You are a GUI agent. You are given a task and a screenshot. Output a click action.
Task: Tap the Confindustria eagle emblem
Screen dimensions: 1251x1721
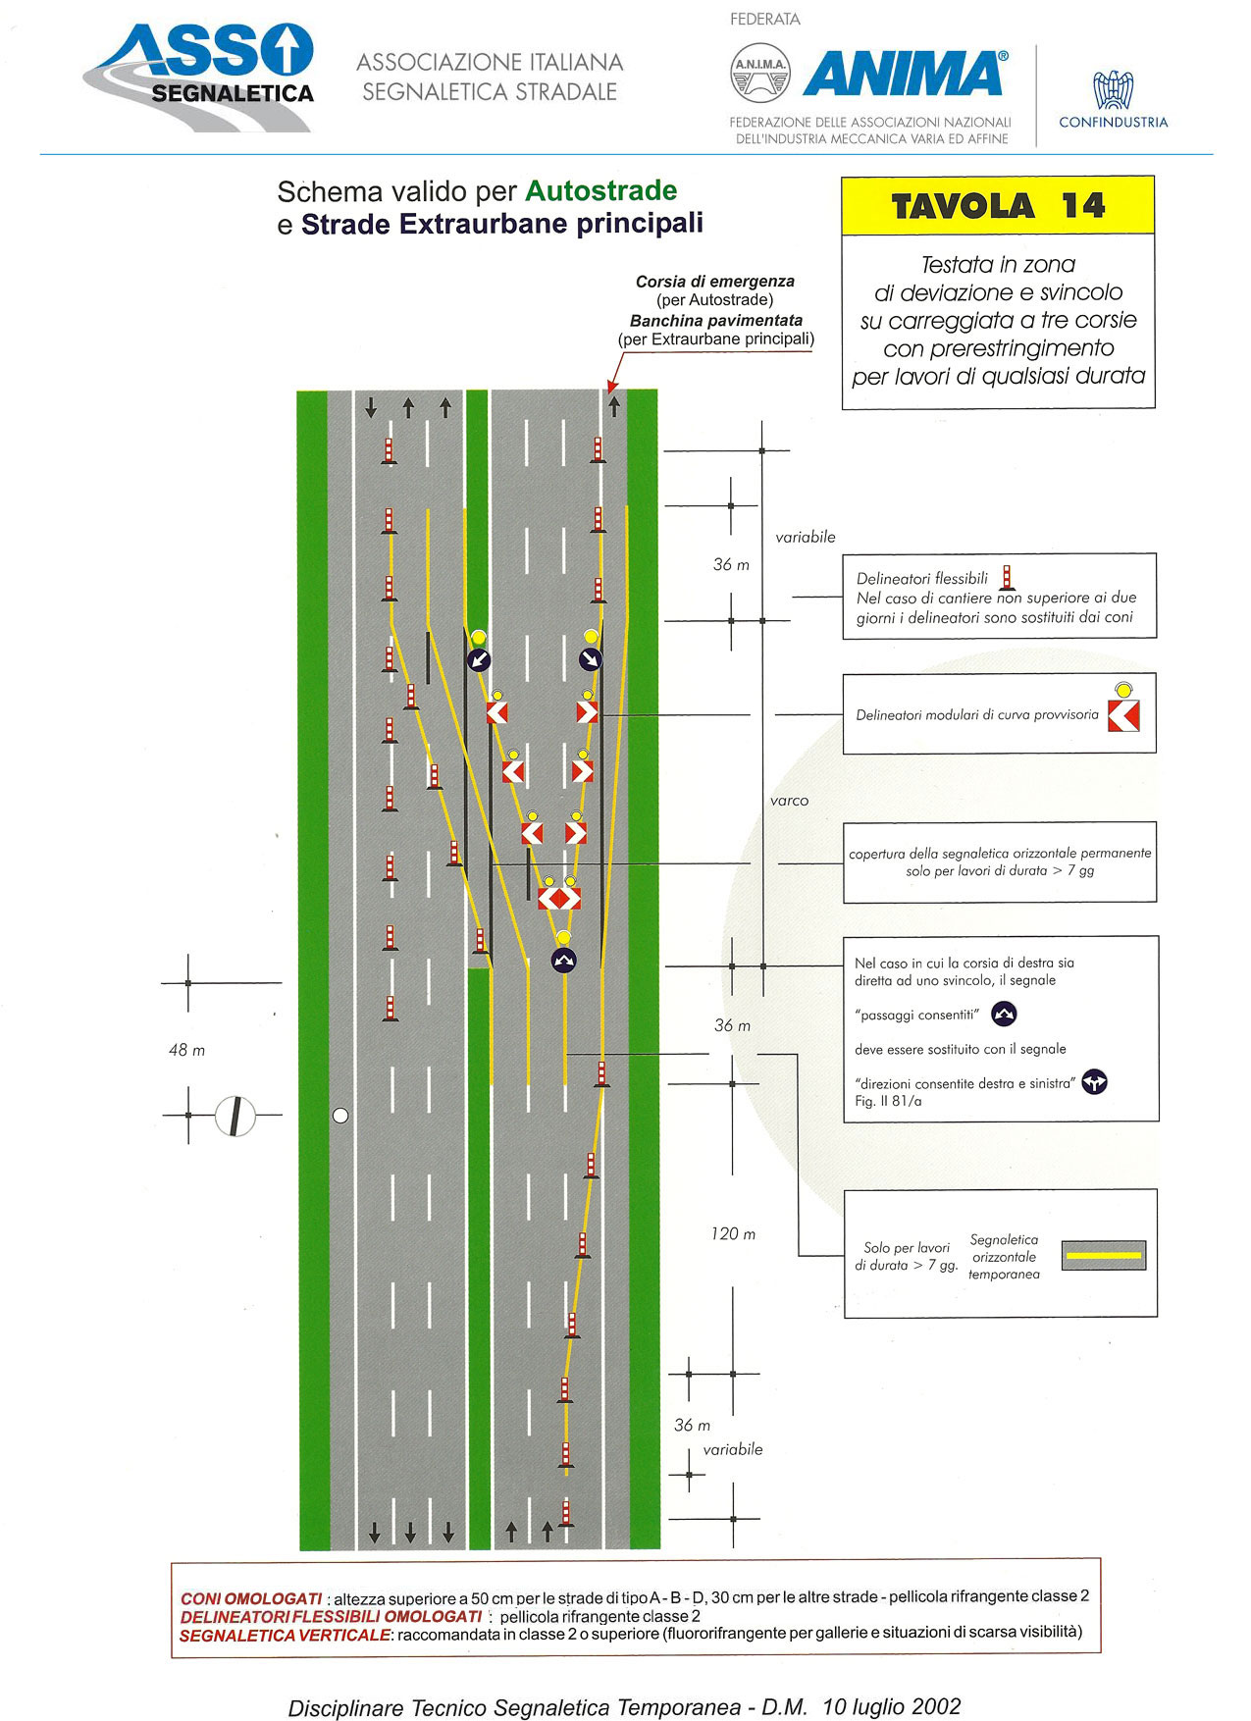click(1114, 90)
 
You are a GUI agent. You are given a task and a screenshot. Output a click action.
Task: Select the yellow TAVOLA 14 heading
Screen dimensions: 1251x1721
click(998, 206)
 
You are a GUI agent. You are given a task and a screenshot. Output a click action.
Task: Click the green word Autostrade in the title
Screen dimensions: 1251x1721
click(601, 190)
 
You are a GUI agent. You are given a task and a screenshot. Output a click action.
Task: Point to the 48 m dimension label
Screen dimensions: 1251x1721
click(186, 1050)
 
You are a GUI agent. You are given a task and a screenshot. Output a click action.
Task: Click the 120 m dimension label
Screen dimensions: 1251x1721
click(733, 1233)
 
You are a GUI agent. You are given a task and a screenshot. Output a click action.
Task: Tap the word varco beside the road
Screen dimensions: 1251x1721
click(789, 801)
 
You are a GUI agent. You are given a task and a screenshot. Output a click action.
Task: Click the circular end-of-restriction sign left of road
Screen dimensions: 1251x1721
click(235, 1116)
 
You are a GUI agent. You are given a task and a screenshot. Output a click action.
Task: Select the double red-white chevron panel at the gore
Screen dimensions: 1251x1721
click(559, 897)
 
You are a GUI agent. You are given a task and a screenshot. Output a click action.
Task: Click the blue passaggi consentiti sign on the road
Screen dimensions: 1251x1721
click(563, 961)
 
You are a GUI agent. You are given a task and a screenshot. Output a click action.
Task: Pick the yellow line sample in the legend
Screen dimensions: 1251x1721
click(1104, 1255)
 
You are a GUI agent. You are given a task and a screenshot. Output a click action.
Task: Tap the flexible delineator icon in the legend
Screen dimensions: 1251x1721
click(1006, 578)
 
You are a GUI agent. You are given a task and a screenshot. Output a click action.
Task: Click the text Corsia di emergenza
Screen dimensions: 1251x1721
click(714, 282)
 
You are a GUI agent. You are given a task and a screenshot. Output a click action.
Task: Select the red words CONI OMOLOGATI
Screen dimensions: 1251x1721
click(251, 1598)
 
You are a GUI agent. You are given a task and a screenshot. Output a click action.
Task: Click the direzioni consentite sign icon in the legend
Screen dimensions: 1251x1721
click(1095, 1083)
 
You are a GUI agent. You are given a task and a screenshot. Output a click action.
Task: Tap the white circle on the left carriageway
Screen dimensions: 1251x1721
click(340, 1116)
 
